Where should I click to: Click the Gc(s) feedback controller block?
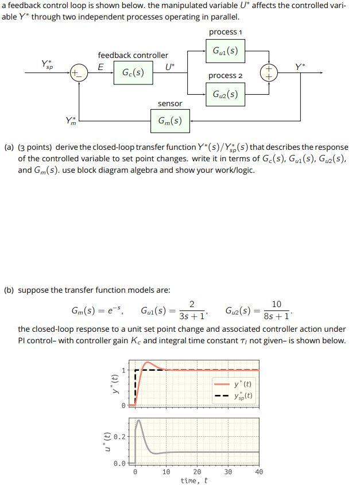133,73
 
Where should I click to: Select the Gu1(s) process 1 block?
225,51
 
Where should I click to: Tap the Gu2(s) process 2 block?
225,94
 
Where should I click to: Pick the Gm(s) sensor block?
170,121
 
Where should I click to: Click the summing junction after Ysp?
79,73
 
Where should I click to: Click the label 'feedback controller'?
133,55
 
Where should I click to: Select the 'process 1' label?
225,32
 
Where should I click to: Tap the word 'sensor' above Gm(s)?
170,103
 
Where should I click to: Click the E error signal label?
101,67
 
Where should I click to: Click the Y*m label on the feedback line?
71,121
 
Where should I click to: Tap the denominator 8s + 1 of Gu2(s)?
276,316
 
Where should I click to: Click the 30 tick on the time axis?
227,472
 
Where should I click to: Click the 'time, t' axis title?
194,480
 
